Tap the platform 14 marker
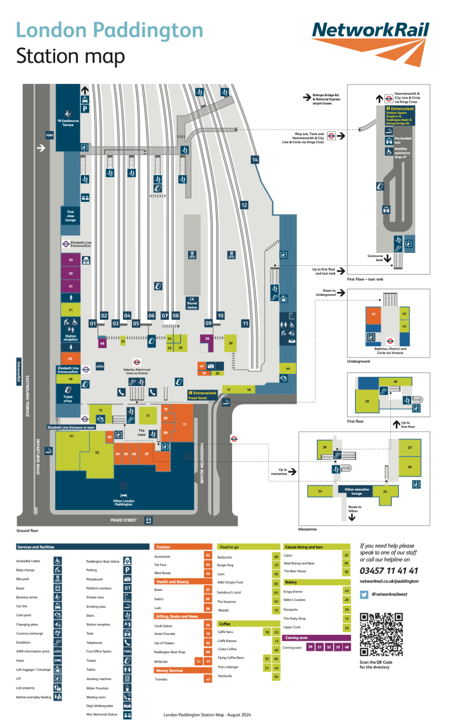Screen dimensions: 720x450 [x=254, y=160]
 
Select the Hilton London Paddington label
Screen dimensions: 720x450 [x=123, y=502]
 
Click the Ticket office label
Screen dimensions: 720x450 [x=68, y=400]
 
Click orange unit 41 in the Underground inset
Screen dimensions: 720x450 [x=373, y=315]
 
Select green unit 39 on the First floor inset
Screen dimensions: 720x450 [x=367, y=401]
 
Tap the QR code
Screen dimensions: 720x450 [x=381, y=633]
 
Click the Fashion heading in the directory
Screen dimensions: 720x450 [x=163, y=546]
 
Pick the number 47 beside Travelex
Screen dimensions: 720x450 [x=207, y=679]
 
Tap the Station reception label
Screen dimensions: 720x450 [x=70, y=338]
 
